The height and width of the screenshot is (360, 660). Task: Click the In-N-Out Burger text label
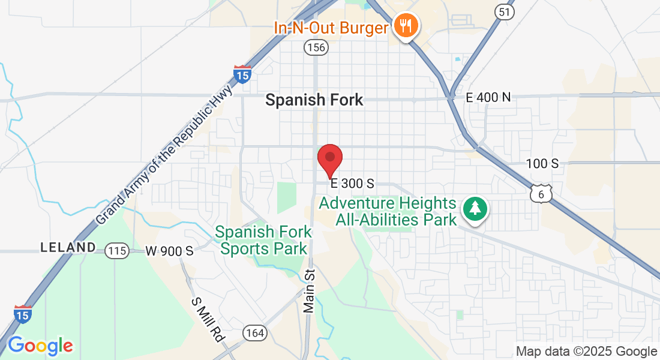click(x=331, y=28)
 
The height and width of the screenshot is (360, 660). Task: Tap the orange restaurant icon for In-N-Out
click(x=406, y=25)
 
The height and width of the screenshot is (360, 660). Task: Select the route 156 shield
click(x=316, y=47)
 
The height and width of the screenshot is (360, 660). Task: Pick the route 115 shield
click(x=116, y=250)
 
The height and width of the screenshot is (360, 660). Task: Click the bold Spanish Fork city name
click(x=314, y=100)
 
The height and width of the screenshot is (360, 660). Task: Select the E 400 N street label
click(x=488, y=97)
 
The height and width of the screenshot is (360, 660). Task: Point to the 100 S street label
click(x=542, y=163)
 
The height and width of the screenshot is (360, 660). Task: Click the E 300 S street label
click(x=352, y=183)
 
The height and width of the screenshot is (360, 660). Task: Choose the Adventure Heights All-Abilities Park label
click(x=388, y=211)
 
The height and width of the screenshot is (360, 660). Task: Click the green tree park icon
click(x=475, y=209)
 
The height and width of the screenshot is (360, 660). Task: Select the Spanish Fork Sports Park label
click(x=263, y=240)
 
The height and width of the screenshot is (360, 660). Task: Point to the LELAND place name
click(x=68, y=247)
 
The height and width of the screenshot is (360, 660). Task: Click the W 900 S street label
click(x=169, y=251)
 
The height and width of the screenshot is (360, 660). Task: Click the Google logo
click(x=40, y=346)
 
